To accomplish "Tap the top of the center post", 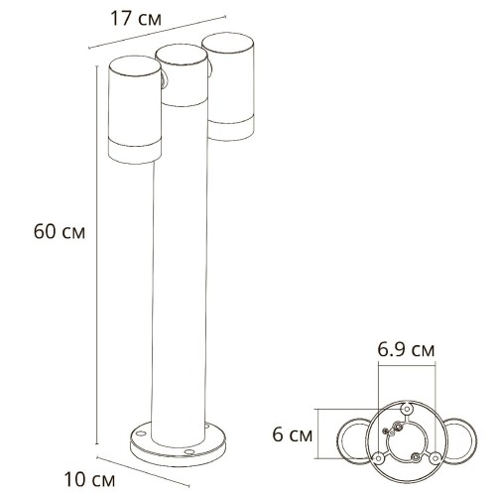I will pyautogui.click(x=180, y=55).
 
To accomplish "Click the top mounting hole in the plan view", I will pyautogui.click(x=406, y=410).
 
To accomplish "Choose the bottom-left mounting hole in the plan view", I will pyautogui.click(x=377, y=457).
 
